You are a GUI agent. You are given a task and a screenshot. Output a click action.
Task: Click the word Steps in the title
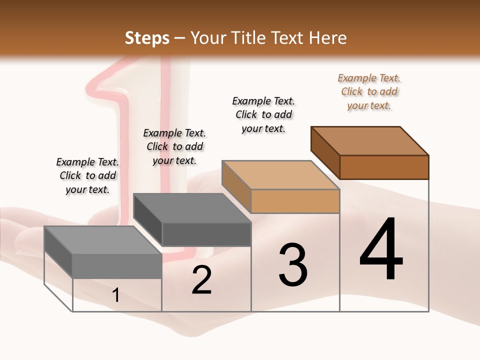[x=147, y=38]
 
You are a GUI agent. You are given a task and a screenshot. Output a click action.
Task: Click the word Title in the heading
[x=247, y=38]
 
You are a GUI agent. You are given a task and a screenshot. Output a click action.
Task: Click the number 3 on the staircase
[x=293, y=265]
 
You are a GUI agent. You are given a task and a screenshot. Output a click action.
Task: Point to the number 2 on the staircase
[x=201, y=280]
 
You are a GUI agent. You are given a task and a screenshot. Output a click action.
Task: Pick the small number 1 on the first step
[x=116, y=295]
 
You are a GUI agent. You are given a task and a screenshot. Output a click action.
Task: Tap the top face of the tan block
[x=280, y=175]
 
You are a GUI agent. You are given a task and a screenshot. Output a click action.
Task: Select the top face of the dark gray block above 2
[x=192, y=208]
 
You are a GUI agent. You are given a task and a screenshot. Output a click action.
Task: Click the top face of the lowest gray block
[x=103, y=240]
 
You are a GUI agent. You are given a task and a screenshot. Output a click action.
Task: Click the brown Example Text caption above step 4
[x=369, y=91]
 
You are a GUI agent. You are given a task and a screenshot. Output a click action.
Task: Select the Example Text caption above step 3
[x=263, y=114]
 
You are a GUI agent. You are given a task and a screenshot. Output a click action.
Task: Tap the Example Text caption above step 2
[x=174, y=146]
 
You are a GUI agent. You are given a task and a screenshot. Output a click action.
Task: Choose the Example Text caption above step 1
[x=87, y=175]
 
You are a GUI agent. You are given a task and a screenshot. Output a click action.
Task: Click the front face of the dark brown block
[x=384, y=167]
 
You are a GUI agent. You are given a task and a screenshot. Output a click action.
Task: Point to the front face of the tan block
[x=295, y=201]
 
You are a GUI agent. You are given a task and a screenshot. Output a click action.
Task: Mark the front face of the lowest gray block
[x=117, y=266]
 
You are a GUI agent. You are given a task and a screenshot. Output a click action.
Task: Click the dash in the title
[x=179, y=38]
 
